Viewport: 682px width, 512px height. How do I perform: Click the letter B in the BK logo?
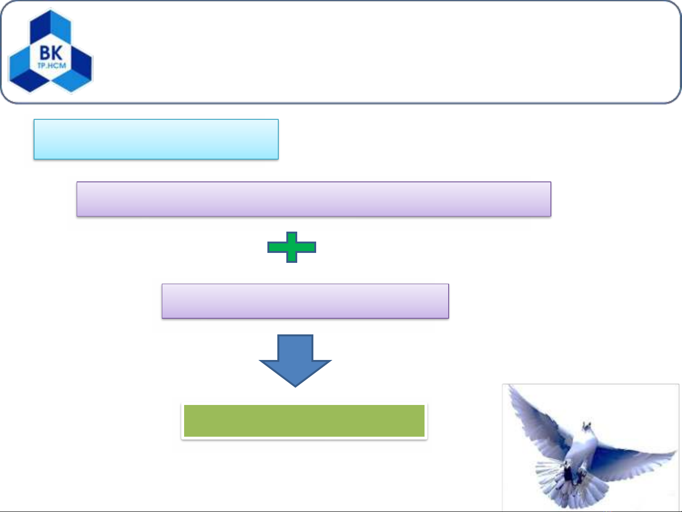click(x=45, y=53)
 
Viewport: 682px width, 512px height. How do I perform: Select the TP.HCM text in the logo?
click(x=52, y=65)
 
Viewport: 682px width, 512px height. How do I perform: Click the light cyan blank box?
click(x=156, y=139)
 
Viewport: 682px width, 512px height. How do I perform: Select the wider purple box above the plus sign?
click(x=314, y=199)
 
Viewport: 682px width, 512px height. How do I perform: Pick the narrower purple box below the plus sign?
click(x=305, y=301)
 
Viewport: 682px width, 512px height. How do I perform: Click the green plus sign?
click(x=292, y=247)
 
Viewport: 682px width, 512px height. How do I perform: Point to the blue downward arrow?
click(x=295, y=360)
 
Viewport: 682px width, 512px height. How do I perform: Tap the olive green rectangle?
click(x=304, y=421)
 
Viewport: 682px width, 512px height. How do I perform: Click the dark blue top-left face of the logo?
click(x=40, y=27)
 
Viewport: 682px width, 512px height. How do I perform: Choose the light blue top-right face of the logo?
click(x=61, y=27)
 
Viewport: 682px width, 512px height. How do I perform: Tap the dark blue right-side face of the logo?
click(x=82, y=64)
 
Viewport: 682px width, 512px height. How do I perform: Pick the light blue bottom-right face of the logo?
click(x=71, y=81)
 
